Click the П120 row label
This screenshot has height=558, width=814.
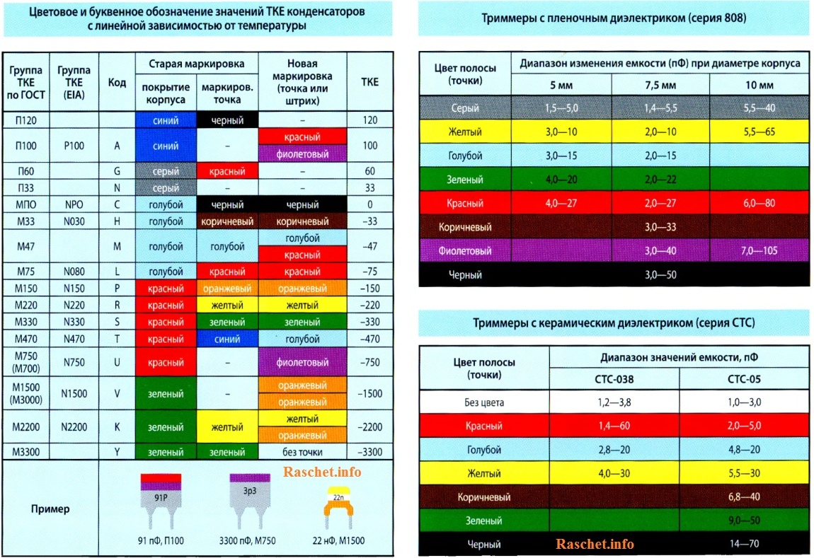tap(26, 120)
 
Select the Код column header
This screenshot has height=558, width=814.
tap(117, 82)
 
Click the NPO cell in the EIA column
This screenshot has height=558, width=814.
tap(74, 204)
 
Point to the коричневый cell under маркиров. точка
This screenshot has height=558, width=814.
tap(227, 221)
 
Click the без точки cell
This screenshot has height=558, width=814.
tap(303, 452)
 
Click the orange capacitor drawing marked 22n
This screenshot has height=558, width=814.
tap(338, 504)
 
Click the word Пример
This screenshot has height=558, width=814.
tap(50, 508)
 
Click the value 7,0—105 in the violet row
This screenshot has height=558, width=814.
tap(760, 251)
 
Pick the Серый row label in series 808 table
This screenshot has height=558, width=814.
tap(465, 108)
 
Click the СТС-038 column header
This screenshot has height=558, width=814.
tap(614, 379)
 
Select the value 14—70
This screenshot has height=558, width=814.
tap(744, 545)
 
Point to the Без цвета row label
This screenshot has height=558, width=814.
tap(484, 402)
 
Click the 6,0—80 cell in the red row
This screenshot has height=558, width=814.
tap(760, 204)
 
